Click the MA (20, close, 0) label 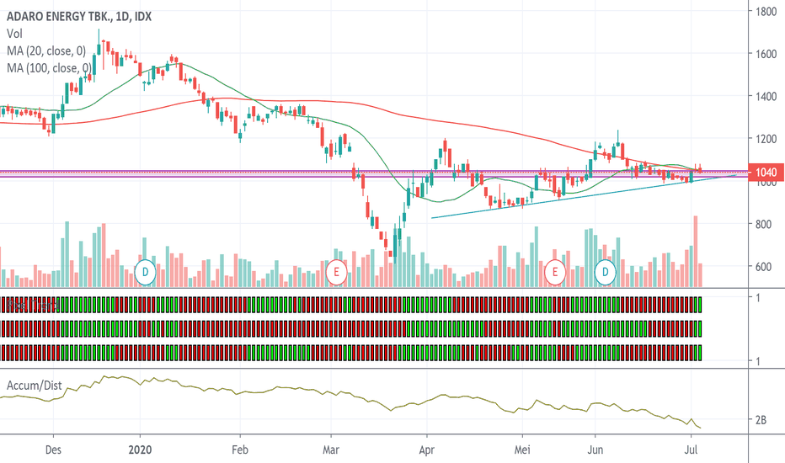tap(47, 51)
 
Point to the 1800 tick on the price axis tap(765, 12)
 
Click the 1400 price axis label tap(765, 97)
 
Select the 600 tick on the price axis tap(765, 267)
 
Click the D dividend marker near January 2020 tap(145, 272)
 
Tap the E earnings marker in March tap(336, 272)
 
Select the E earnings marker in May tap(554, 272)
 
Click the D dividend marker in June tap(606, 272)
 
